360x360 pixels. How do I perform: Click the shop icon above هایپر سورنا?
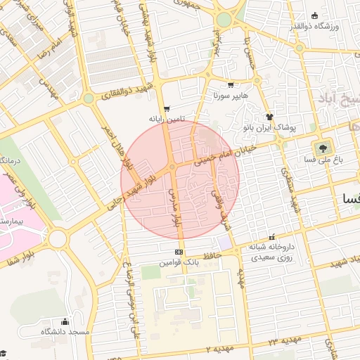(x=231, y=84)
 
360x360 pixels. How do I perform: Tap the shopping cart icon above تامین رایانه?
(x=167, y=109)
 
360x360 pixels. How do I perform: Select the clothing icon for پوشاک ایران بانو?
(x=269, y=117)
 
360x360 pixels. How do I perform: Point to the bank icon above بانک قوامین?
(x=179, y=251)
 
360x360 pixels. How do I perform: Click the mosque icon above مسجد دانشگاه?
(x=65, y=321)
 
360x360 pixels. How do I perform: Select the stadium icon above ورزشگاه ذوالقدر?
(x=313, y=15)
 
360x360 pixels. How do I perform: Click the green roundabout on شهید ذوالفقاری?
(x=88, y=98)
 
